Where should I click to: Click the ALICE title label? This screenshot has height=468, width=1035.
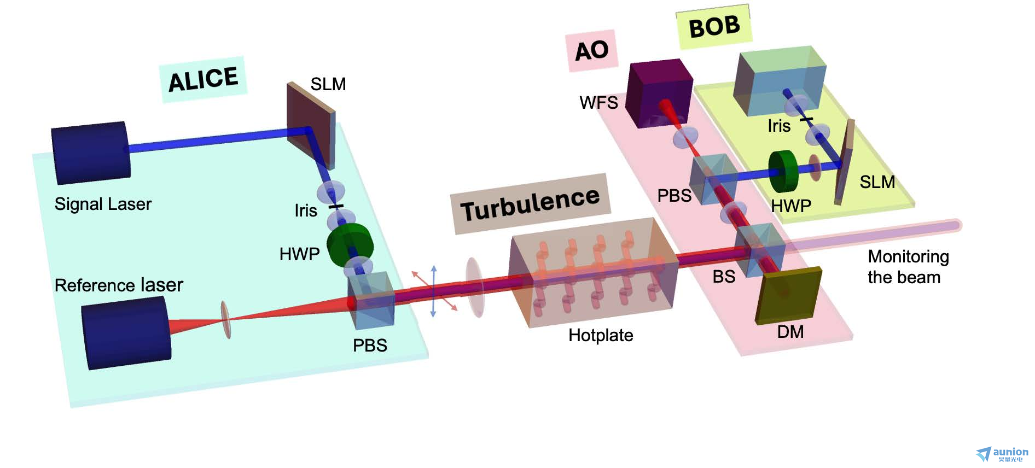(203, 79)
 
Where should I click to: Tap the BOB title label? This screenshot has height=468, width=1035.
(714, 26)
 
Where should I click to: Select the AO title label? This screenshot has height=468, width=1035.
(591, 51)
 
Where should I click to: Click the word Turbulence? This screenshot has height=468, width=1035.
(530, 203)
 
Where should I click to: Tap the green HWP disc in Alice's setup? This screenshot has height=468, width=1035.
(350, 244)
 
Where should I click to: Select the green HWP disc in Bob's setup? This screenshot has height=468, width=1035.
(783, 171)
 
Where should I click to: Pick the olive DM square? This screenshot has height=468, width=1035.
(788, 296)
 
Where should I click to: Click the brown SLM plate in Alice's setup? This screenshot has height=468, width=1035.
(311, 125)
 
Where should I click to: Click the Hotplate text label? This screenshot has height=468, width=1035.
(601, 335)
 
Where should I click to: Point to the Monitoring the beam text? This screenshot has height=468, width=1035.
(908, 267)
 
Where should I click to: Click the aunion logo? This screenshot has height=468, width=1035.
(1002, 453)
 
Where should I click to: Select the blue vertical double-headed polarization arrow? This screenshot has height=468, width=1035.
(433, 291)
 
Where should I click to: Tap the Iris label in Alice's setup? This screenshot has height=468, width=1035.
(305, 210)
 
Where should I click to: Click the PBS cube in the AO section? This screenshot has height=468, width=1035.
(713, 179)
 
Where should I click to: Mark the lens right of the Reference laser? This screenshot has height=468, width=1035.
(225, 319)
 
